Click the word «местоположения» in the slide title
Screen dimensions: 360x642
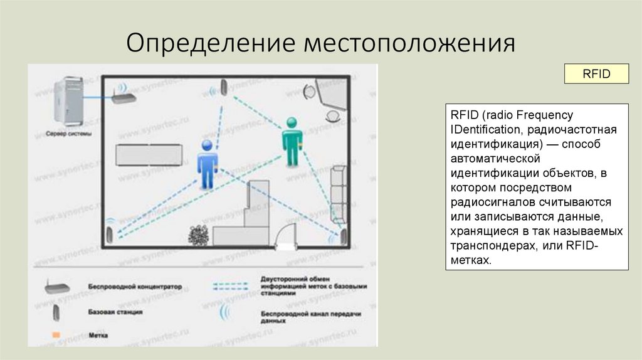click(410, 43)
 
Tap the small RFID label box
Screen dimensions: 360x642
click(596, 73)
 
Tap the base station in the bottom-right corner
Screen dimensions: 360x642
click(343, 237)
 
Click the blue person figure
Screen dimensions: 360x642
click(208, 164)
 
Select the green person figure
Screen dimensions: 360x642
click(292, 142)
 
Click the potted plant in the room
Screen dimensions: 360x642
click(199, 235)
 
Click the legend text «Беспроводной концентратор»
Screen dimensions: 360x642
click(135, 287)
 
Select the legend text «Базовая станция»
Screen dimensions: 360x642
click(116, 311)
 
